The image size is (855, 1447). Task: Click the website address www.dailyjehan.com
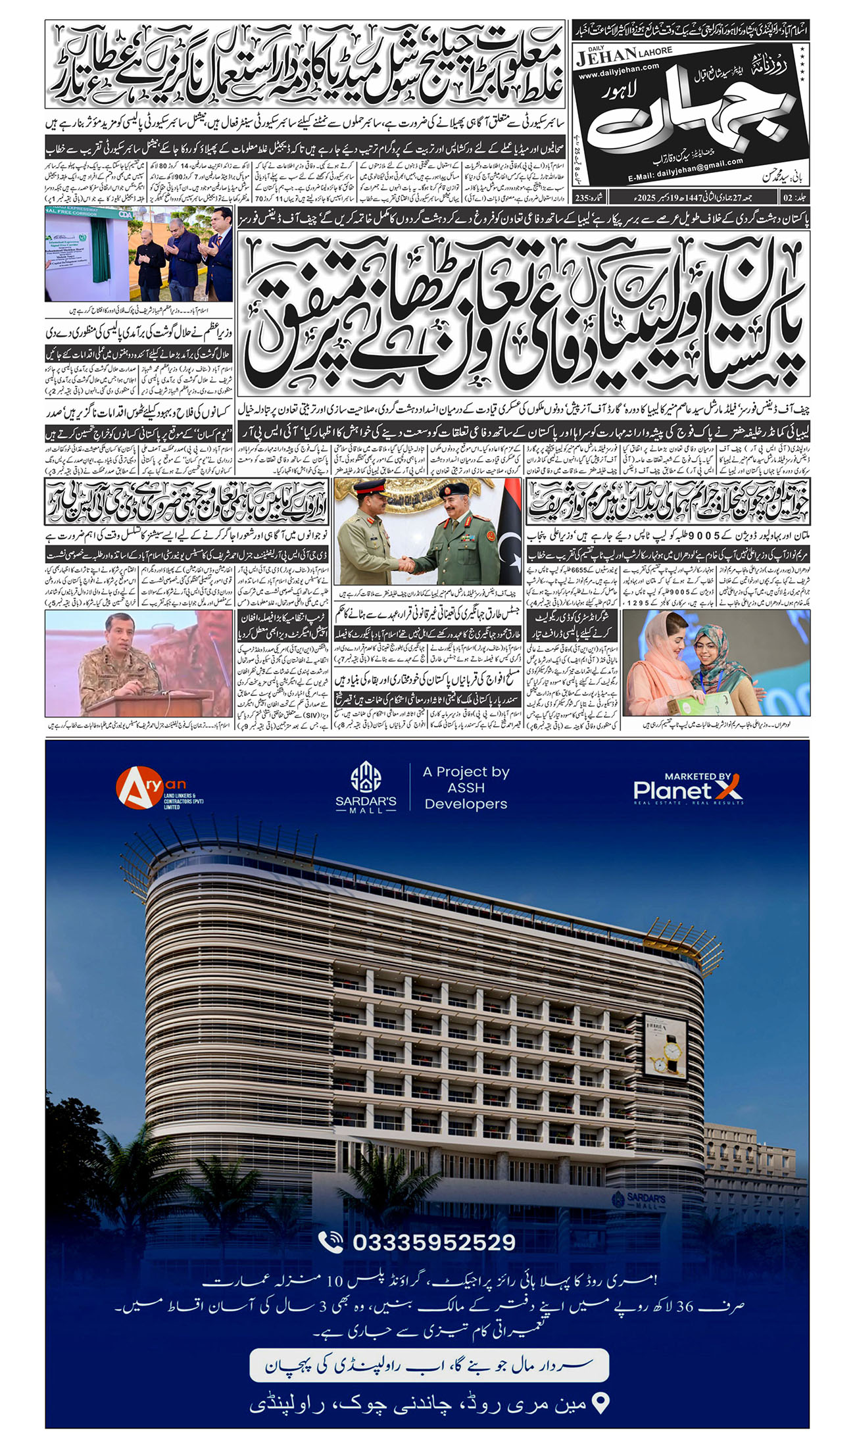618,67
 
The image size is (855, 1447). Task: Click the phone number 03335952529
434,1242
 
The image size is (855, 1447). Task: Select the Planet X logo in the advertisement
688,789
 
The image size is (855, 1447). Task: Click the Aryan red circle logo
139,788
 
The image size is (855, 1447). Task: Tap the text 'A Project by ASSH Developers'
466,787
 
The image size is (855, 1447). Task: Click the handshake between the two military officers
407,564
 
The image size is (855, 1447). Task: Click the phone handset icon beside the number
331,1242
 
